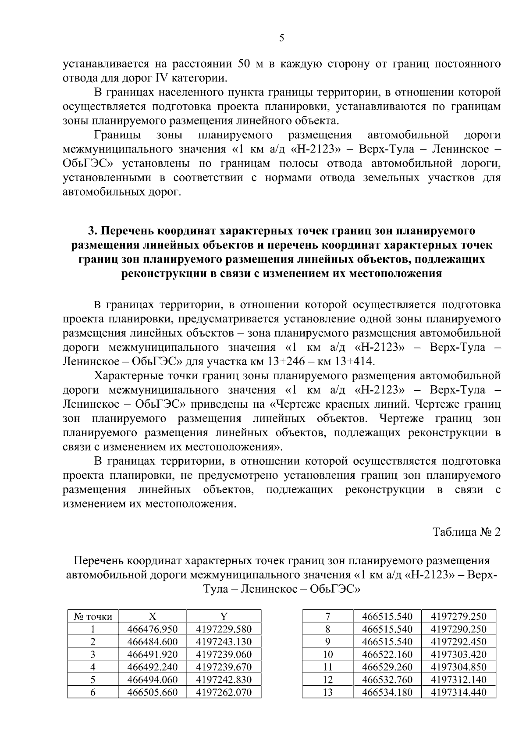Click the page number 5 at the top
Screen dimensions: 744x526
coord(281,38)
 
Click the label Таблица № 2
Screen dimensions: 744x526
coord(466,532)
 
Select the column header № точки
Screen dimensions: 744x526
coord(93,616)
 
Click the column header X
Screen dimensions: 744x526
coord(153,616)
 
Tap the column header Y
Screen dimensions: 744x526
coord(224,616)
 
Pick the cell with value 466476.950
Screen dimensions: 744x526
coord(153,629)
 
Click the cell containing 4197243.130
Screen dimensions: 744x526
coord(224,642)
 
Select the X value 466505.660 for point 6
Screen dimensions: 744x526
coord(153,692)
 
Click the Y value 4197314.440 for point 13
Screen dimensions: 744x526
coord(458,692)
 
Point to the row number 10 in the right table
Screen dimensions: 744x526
coord(328,655)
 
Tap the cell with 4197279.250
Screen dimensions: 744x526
coord(458,616)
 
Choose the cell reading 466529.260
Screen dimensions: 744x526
coord(387,667)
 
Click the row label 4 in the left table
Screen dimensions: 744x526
coord(93,667)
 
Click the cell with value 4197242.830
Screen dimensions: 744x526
coord(224,680)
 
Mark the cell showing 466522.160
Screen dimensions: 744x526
coord(387,655)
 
